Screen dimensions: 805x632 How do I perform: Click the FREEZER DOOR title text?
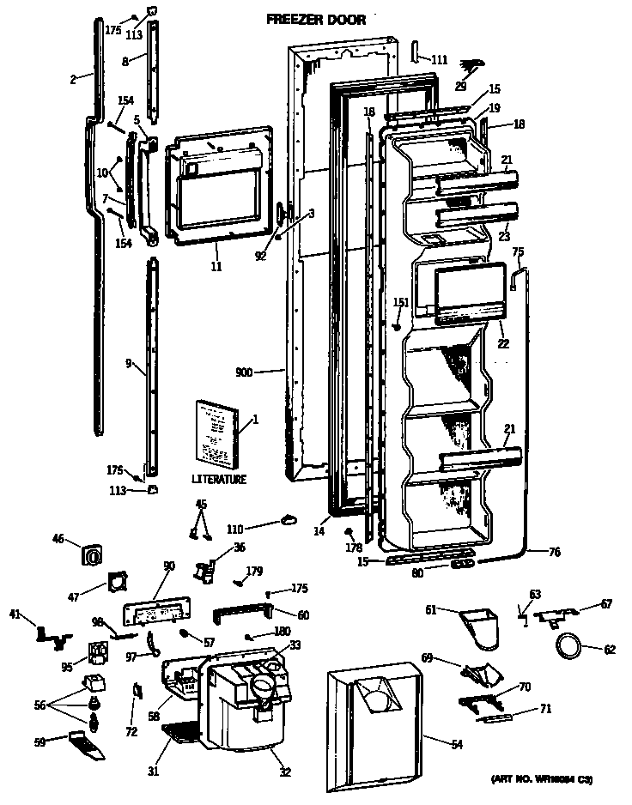pyautogui.click(x=315, y=19)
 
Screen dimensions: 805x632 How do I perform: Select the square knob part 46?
pyautogui.click(x=91, y=555)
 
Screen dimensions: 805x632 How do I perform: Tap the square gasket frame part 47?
pyautogui.click(x=115, y=585)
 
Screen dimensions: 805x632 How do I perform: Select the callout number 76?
pyautogui.click(x=555, y=553)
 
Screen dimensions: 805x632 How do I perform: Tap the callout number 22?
pyautogui.click(x=502, y=344)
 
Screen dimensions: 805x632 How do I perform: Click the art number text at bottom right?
pyautogui.click(x=541, y=779)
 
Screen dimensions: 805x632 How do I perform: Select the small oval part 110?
pyautogui.click(x=287, y=517)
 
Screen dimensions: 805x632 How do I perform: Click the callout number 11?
pyautogui.click(x=216, y=267)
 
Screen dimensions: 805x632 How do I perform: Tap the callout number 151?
pyautogui.click(x=400, y=301)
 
